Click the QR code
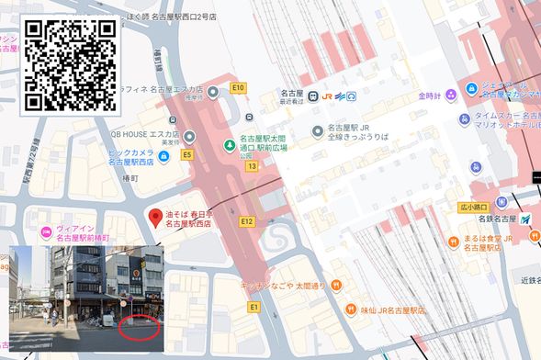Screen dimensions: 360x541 (x=70, y=63)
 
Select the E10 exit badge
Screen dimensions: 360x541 (x=239, y=88)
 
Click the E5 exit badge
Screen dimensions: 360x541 (x=187, y=155)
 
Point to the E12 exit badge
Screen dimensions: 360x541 (x=246, y=221)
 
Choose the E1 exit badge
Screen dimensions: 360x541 (x=254, y=308)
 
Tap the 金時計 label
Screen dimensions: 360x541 (x=430, y=96)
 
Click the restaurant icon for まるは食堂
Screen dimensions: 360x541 (x=453, y=241)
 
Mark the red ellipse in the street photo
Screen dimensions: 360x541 (x=140, y=325)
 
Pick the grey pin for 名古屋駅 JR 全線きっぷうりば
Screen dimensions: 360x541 (x=318, y=129)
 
